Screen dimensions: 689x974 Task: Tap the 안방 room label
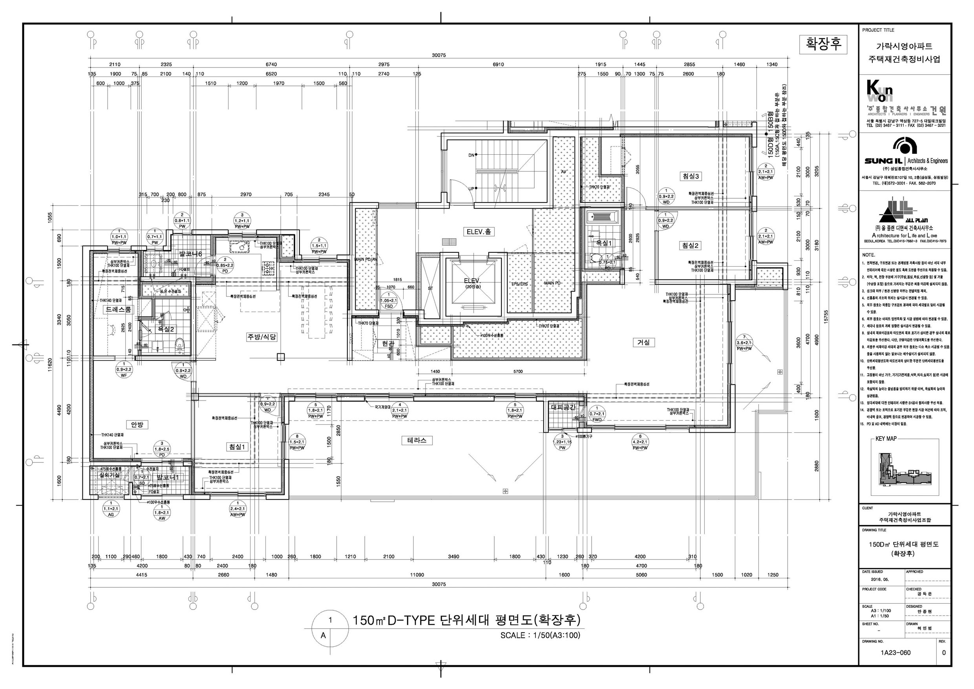click(x=137, y=425)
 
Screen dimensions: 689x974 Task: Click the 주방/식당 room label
click(x=262, y=337)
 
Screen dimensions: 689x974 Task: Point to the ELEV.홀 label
click(x=480, y=232)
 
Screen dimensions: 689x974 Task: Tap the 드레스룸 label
click(x=118, y=310)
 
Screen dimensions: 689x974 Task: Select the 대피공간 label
click(x=563, y=407)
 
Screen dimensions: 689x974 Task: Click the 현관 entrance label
click(x=388, y=344)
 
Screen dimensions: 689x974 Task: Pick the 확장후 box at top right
click(x=823, y=44)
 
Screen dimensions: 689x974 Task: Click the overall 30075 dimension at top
click(x=439, y=55)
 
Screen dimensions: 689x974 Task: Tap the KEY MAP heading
click(x=886, y=438)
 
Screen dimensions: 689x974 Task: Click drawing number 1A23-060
click(x=895, y=652)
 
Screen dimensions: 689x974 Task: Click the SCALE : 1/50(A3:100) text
click(x=540, y=635)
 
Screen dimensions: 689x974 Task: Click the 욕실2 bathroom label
click(x=166, y=329)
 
